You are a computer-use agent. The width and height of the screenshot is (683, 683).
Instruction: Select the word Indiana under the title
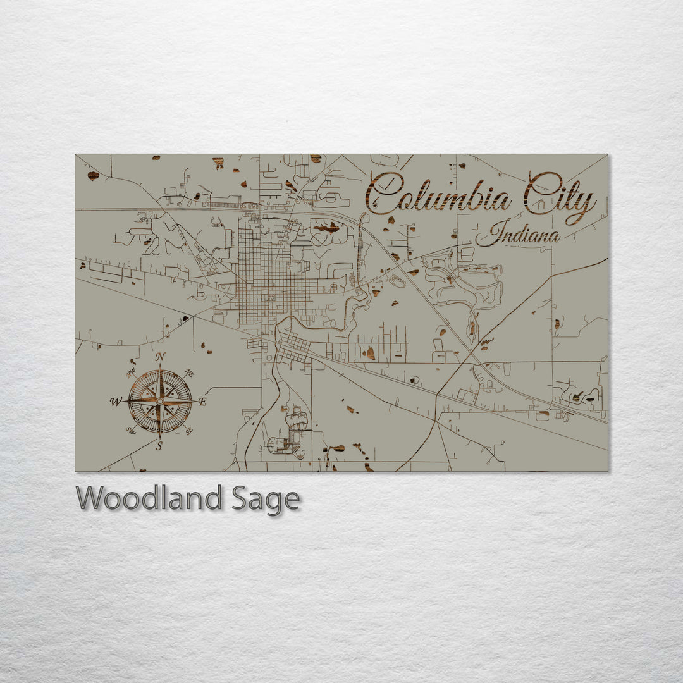[519, 234]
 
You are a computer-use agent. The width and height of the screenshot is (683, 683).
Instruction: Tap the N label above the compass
[161, 357]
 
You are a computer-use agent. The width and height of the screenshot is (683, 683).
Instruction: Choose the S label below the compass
[159, 446]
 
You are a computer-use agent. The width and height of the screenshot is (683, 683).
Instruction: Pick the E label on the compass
[202, 402]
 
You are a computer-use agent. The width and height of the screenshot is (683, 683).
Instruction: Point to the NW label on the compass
[131, 373]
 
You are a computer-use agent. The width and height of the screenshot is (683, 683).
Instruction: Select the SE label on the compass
[189, 430]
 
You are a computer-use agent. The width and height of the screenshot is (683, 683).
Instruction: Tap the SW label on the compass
[131, 430]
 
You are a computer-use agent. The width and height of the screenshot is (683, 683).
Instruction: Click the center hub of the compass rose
[160, 402]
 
